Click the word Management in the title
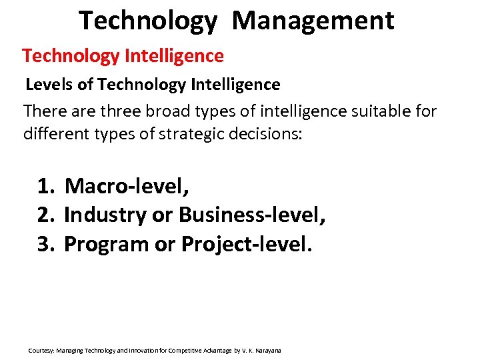[x=313, y=21]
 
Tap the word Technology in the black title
[x=148, y=21]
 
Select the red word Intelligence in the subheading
[x=174, y=56]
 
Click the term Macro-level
[x=127, y=186]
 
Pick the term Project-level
[x=246, y=244]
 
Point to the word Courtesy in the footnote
[x=41, y=350]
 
